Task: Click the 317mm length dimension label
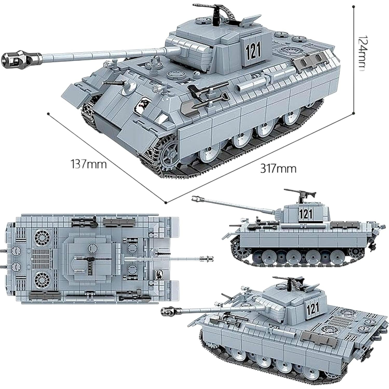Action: point(278,169)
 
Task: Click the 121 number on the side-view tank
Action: point(306,214)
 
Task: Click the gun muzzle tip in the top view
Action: point(209,259)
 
